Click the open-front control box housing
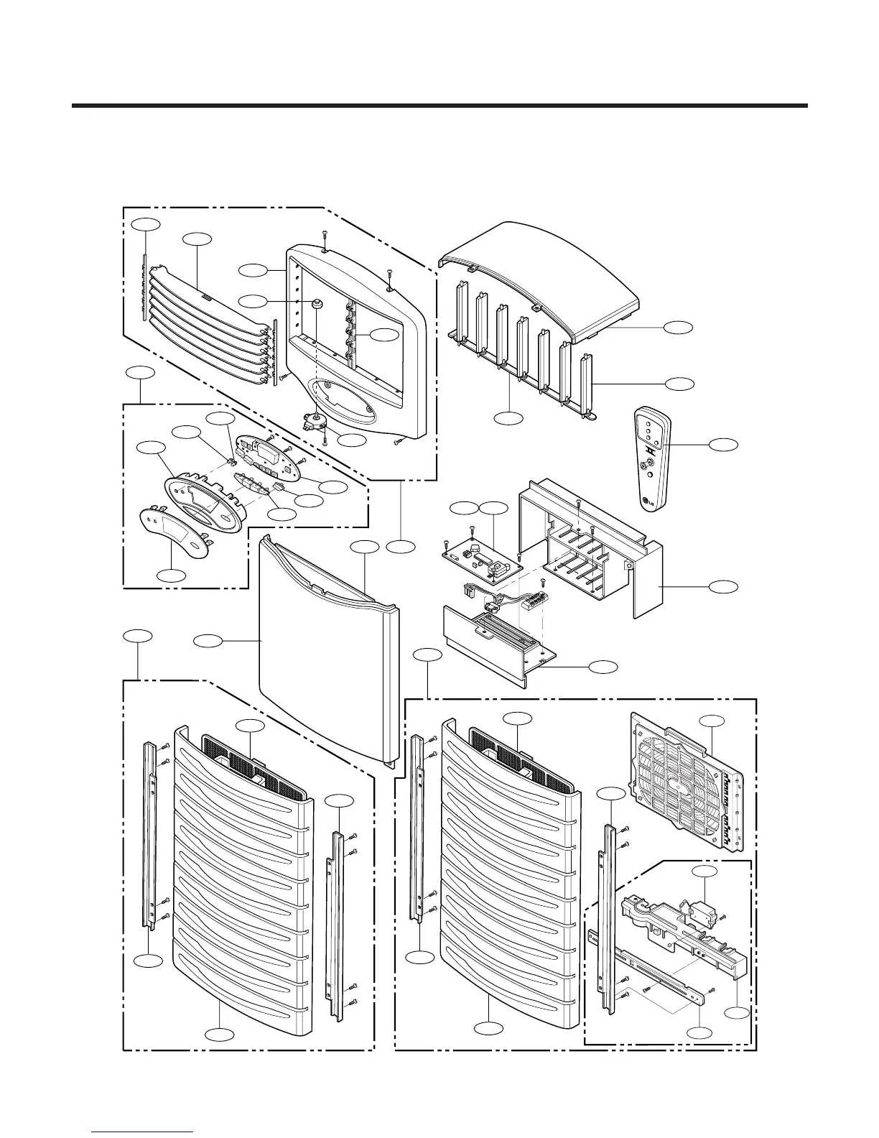point(589,546)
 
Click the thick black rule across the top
point(439,106)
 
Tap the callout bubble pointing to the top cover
point(679,328)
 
